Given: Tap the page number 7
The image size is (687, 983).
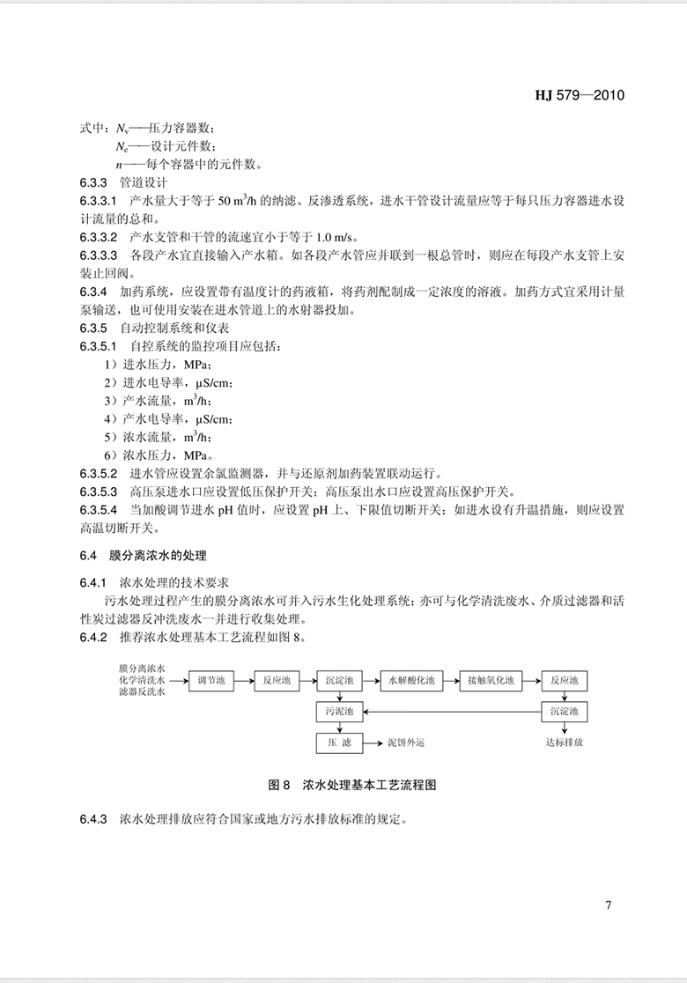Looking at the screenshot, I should point(608,905).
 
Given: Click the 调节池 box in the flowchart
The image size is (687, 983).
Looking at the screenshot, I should point(211,680).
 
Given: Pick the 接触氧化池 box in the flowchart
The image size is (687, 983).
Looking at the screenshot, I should point(490,680).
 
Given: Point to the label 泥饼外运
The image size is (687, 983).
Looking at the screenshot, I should point(406,743).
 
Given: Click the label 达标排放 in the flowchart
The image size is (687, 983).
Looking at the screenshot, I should point(564,743).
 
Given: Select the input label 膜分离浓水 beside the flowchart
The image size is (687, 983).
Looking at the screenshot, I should point(144,669).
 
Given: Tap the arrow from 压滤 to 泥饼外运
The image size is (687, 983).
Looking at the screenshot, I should point(373,743).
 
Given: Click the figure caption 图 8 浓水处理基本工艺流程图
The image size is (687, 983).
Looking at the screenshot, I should point(351,783).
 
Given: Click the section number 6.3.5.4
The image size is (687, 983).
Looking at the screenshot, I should point(98,509).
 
